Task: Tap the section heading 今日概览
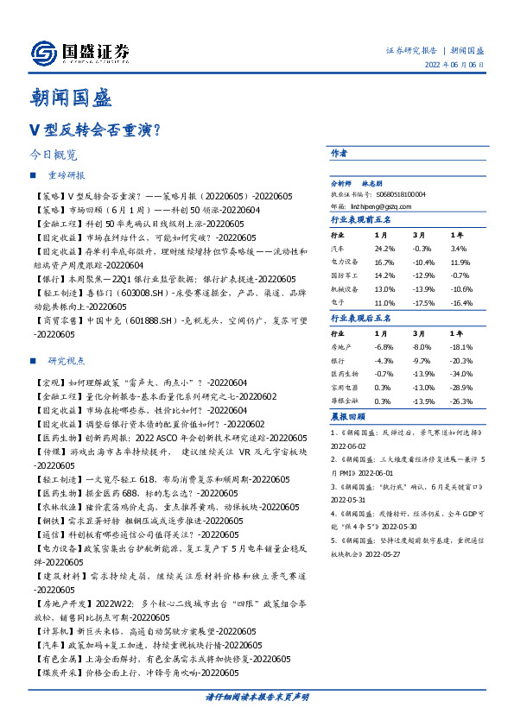[53, 155]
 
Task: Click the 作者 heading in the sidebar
[340, 154]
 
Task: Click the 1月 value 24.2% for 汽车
[384, 248]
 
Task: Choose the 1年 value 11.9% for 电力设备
[460, 261]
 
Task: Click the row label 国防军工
[345, 274]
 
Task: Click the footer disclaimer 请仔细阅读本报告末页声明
[257, 696]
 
